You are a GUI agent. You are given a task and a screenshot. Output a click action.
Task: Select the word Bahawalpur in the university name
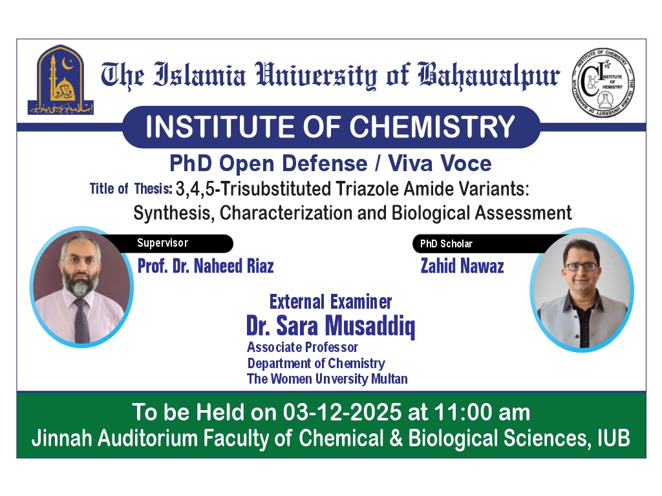tap(489, 76)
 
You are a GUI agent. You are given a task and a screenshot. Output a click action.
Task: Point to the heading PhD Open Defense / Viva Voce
tap(330, 163)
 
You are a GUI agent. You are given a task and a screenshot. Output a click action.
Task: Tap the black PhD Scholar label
tap(447, 243)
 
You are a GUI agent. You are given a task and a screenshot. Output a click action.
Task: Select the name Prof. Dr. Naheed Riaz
tap(206, 266)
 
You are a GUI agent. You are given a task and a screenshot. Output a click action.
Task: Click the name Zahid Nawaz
tap(462, 266)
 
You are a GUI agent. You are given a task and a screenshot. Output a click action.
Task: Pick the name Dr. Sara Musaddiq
tap(330, 326)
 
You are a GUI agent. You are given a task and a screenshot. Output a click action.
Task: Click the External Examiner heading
tap(330, 302)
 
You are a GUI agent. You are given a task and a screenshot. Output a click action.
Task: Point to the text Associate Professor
tap(303, 347)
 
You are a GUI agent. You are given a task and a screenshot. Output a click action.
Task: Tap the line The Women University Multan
tap(327, 378)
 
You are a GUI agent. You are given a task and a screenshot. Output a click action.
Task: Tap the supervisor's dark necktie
tap(81, 320)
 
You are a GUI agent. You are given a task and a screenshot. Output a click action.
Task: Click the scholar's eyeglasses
tap(580, 266)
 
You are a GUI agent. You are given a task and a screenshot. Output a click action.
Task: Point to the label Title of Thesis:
tap(131, 189)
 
